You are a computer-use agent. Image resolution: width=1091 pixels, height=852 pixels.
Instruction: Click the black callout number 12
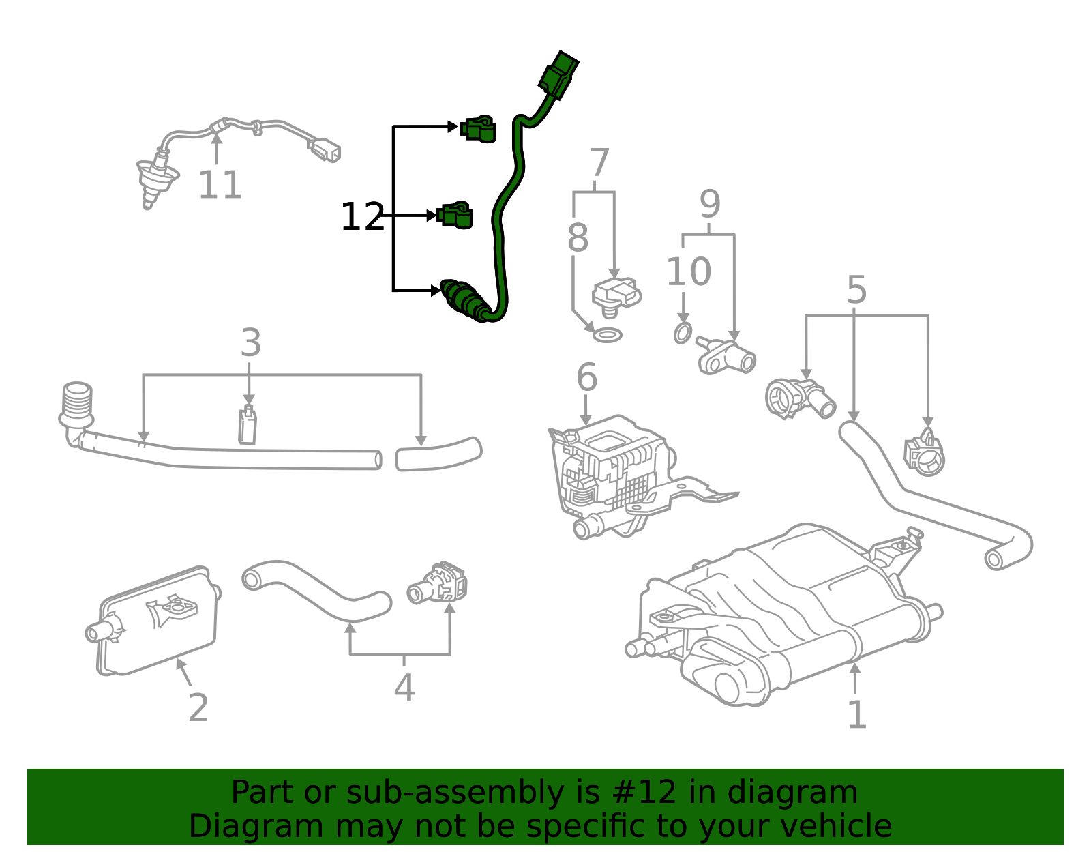pos(362,217)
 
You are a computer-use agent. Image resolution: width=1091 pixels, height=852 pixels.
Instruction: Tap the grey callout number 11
pos(220,185)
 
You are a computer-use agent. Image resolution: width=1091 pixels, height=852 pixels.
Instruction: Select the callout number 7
pos(599,164)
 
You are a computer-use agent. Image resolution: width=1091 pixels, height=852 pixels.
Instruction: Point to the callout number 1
pos(856,715)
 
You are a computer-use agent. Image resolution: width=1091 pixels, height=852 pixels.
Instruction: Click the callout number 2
pos(198,708)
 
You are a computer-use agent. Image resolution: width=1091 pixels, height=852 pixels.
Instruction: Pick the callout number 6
pos(586,377)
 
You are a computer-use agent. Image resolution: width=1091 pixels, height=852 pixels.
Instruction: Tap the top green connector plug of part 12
pos(558,74)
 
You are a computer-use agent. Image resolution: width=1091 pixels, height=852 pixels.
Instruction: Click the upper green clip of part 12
pos(479,129)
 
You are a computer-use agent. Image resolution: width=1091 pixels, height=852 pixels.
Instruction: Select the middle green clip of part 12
pos(455,216)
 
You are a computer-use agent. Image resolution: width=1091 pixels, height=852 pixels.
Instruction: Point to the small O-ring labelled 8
pos(607,335)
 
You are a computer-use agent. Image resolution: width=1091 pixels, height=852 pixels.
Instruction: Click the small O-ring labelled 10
pos(683,334)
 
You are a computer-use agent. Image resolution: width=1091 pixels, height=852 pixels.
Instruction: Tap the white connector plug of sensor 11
pos(325,149)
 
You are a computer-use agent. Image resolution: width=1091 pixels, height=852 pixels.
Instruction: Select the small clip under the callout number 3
pos(248,425)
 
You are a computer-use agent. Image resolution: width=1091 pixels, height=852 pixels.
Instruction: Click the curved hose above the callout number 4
pos(315,591)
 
